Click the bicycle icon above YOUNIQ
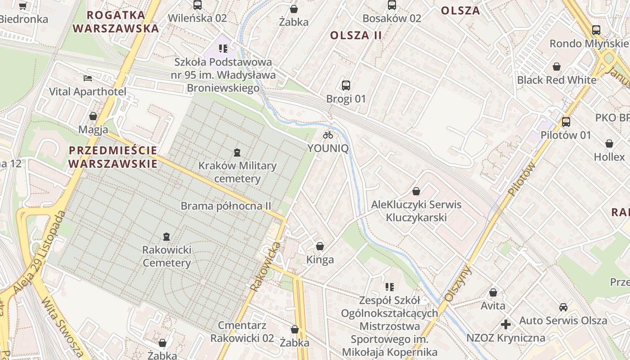point(328,135)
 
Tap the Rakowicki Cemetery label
point(166,256)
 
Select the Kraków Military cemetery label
point(237,172)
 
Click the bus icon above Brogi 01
point(346,85)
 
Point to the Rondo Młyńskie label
point(589,44)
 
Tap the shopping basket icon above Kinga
point(320,246)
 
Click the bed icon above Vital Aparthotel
point(88,78)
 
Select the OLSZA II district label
point(356,35)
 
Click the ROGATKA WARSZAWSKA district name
point(116,22)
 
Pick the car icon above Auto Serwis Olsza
point(563,307)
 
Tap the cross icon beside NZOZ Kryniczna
point(506,324)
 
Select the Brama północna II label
point(226,206)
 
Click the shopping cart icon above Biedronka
point(23,6)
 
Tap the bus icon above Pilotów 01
point(566,122)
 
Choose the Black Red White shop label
point(557,80)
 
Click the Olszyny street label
point(458,283)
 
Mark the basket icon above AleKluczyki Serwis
point(416,191)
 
